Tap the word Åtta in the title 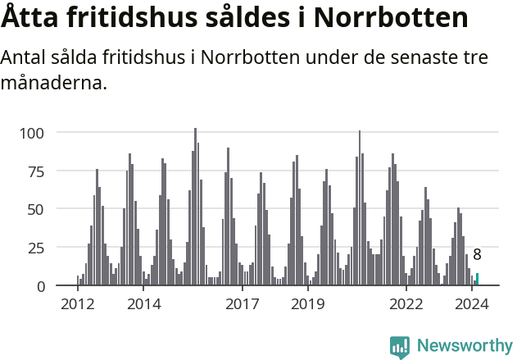coord(32,17)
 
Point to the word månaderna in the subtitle coord(54,83)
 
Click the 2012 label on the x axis coord(78,304)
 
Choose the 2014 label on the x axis coord(143,304)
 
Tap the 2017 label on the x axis coord(242,304)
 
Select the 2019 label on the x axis coord(307,304)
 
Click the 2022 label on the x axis coord(406,304)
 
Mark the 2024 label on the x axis coord(471,304)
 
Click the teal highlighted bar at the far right coord(477,280)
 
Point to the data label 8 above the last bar coord(477,255)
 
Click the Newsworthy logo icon coord(400,346)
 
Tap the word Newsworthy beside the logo coord(465,346)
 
